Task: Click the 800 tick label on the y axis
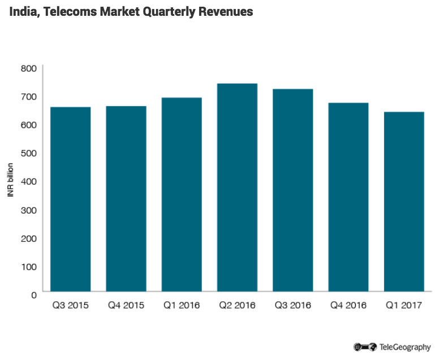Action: [29, 68]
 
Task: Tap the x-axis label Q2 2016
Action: [237, 306]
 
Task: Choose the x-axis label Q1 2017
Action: [404, 306]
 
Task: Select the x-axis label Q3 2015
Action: [71, 306]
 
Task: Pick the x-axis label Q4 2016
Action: [348, 306]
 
